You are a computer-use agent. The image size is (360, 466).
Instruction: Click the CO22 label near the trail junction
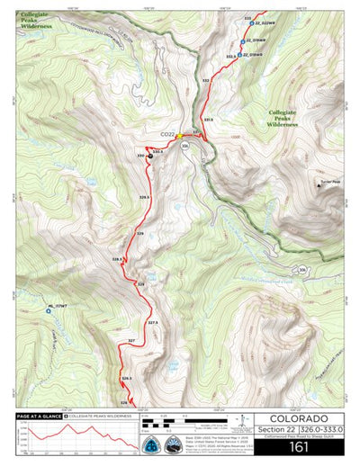(167, 134)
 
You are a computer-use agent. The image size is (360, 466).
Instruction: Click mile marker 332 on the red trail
(207, 81)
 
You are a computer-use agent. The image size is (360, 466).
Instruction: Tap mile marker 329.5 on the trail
(144, 196)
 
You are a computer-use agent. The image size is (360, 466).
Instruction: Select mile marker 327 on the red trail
(131, 341)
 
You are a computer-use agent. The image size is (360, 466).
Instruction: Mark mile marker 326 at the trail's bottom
(124, 401)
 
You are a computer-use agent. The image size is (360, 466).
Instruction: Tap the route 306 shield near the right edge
(303, 269)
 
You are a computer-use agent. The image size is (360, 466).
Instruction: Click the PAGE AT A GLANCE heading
(40, 417)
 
